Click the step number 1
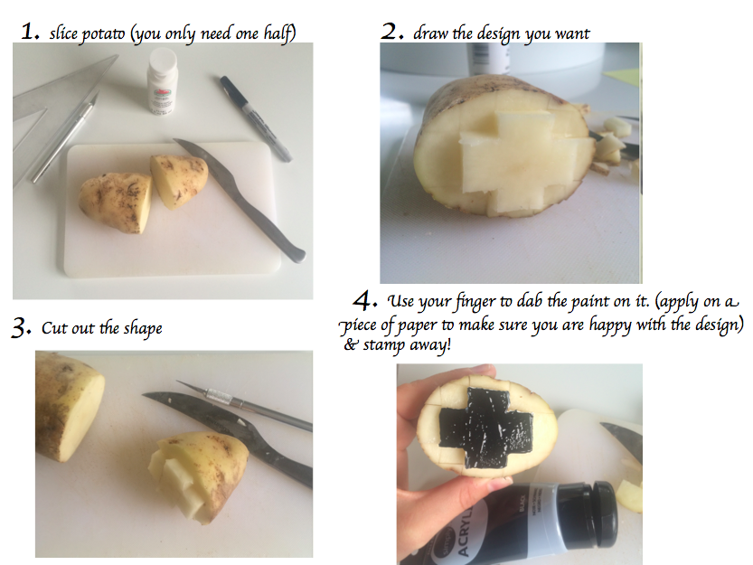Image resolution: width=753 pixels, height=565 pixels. click(x=30, y=32)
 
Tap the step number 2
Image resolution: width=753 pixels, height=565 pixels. click(x=392, y=32)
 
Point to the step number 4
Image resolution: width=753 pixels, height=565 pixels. click(x=365, y=301)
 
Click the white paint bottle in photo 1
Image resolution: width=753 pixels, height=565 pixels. click(x=163, y=80)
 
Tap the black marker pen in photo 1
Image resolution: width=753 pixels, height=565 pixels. click(x=256, y=118)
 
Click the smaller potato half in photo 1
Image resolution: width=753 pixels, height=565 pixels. click(x=179, y=180)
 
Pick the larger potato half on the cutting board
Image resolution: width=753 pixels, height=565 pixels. click(x=117, y=202)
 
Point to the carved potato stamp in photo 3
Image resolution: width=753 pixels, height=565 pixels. click(x=199, y=476)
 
